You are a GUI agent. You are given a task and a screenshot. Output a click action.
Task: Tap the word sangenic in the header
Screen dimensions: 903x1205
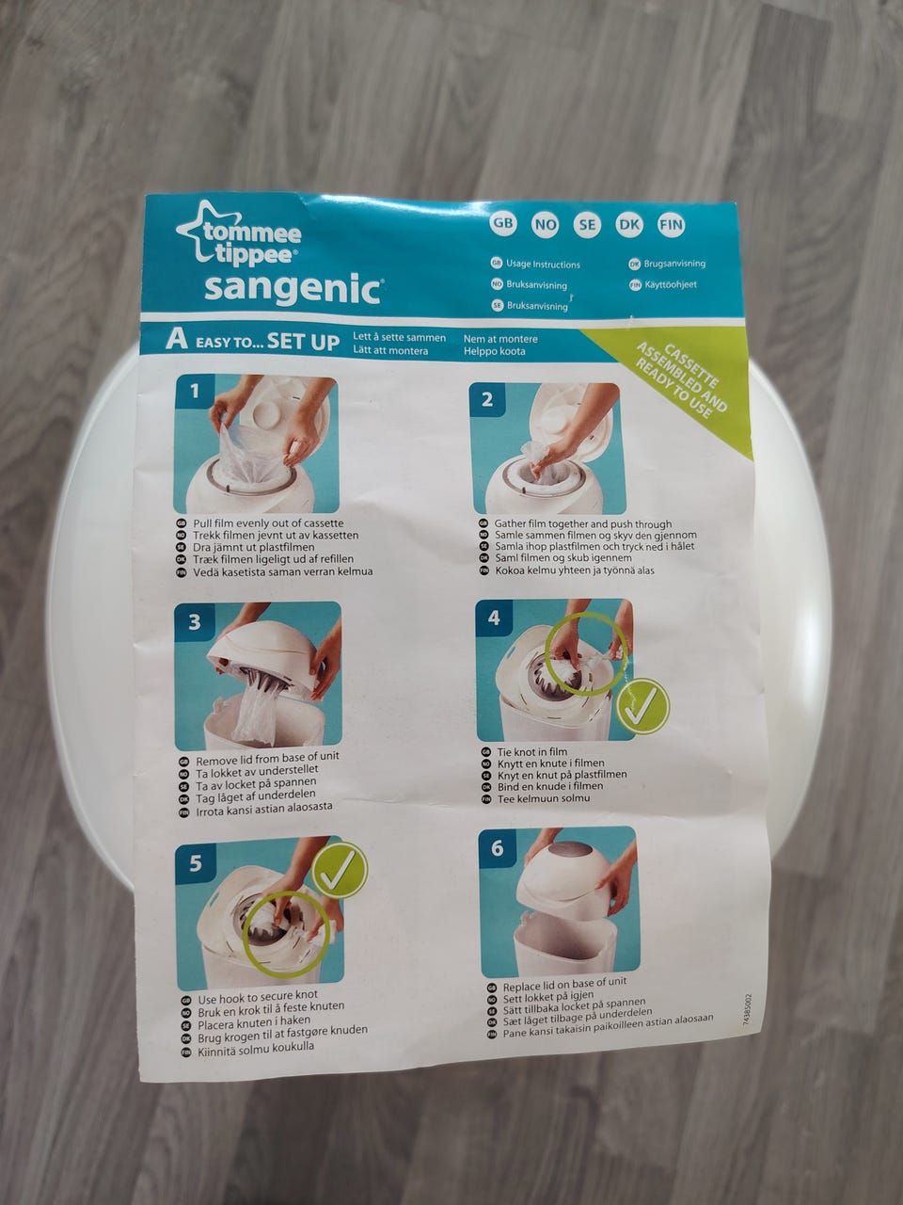pos(293,289)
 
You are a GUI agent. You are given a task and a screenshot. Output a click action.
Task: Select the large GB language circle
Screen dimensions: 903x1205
pos(503,223)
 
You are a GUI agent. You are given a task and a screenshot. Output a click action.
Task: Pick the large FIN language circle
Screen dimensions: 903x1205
pos(671,225)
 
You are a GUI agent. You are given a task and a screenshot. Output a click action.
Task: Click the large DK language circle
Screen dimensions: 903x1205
pos(629,225)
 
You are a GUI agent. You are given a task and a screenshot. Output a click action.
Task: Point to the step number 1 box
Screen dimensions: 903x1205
pos(195,392)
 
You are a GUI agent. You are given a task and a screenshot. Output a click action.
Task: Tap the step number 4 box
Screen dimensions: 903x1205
pos(494,619)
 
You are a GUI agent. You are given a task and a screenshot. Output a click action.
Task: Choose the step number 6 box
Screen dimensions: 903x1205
pos(497,849)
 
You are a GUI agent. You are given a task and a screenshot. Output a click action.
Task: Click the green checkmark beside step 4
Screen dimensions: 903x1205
pos(642,707)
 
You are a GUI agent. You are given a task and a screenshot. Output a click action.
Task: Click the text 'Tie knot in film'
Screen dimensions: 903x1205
pos(531,751)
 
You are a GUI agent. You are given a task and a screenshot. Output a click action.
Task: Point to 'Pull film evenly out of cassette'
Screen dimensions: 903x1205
pos(268,523)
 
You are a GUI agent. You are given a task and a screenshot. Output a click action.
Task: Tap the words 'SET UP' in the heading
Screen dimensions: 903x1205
pos(303,342)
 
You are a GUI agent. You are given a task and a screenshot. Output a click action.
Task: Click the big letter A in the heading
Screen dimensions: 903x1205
pos(176,340)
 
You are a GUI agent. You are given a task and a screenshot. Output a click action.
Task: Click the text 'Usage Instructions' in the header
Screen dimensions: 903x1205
pos(543,264)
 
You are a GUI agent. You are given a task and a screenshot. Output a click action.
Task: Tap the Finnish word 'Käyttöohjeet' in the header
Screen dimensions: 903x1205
pos(670,284)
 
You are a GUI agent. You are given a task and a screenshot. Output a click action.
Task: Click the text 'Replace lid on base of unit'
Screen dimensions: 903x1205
pos(564,984)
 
